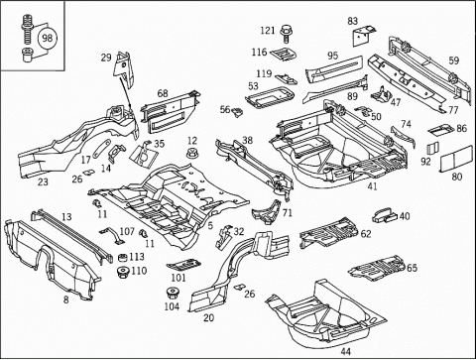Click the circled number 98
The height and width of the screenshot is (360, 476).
tap(48, 38)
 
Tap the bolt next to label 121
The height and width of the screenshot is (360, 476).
tap(286, 34)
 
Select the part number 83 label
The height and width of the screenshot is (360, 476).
tap(353, 21)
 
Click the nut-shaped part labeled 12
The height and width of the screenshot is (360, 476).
tap(192, 155)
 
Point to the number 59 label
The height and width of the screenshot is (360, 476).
tap(454, 60)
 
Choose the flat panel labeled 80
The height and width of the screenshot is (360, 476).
tap(456, 158)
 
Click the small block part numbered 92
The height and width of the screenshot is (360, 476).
tap(432, 148)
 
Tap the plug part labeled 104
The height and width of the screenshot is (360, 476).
tap(173, 294)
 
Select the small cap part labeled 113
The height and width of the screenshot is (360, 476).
tap(123, 258)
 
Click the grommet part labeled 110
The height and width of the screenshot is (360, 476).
tap(123, 272)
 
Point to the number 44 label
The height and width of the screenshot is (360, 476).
tap(345, 351)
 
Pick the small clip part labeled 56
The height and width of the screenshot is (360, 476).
tap(237, 112)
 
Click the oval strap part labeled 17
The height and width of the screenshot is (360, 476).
tap(101, 149)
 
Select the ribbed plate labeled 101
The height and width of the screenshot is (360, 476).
tap(183, 265)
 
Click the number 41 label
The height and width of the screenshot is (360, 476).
tap(373, 186)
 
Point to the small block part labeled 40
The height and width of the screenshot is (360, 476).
tap(385, 214)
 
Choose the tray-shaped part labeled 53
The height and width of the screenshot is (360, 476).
tap(270, 96)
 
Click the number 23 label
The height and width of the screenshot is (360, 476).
tap(43, 181)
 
